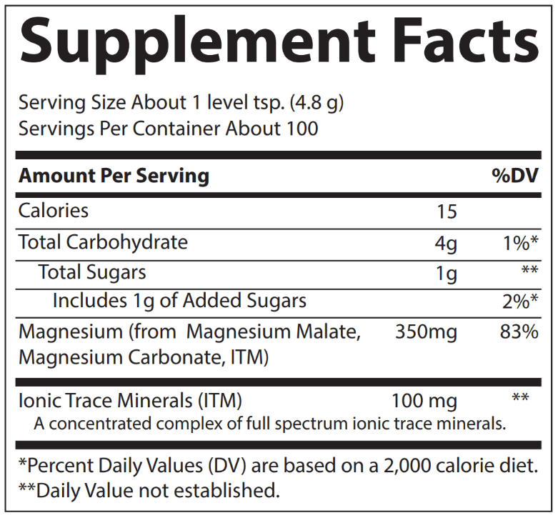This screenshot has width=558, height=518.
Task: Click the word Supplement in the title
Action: tap(193, 43)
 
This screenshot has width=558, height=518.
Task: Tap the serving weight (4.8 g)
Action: tap(317, 103)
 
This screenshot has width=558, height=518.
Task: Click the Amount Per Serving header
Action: tap(114, 176)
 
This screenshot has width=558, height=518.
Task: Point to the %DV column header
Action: tap(514, 176)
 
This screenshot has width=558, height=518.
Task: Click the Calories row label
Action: tap(54, 211)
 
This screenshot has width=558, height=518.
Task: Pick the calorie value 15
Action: tap(447, 211)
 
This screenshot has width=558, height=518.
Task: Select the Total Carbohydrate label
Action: tap(103, 242)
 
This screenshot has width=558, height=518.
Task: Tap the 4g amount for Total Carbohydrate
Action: tap(447, 244)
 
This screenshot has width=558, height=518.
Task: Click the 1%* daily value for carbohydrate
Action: tap(520, 243)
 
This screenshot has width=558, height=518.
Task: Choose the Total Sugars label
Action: tap(92, 272)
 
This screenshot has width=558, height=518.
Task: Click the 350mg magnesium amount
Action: tap(426, 332)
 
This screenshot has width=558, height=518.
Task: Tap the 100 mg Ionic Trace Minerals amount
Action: tap(424, 400)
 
